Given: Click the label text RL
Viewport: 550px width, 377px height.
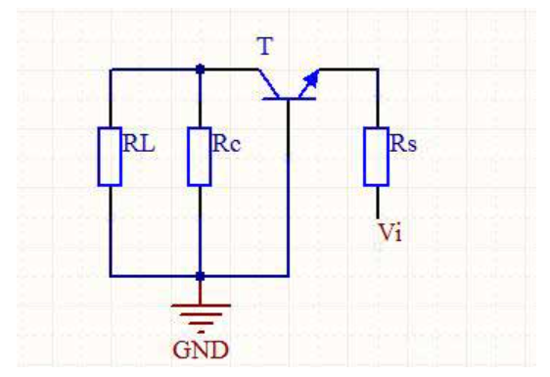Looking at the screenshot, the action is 139,143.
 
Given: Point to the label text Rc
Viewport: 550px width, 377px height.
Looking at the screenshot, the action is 227,143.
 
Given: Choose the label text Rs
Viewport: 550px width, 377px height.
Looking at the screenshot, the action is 403,143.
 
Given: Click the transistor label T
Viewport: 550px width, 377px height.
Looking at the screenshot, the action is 265,46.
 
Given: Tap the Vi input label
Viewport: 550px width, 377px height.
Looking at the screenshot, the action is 390,232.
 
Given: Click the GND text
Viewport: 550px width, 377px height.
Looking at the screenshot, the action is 201,350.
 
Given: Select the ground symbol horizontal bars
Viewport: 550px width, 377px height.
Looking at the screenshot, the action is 201,317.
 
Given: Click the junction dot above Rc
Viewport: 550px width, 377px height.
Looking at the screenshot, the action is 200,70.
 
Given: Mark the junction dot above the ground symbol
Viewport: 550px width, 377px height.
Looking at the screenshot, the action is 200,276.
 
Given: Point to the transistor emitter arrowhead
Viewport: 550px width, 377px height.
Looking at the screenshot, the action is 312,79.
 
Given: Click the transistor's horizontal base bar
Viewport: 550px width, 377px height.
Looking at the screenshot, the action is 289,99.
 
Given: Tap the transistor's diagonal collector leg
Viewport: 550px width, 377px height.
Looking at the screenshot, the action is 269,84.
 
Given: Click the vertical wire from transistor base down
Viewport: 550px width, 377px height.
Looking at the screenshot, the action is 289,187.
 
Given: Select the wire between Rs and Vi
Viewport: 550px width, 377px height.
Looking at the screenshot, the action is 378,203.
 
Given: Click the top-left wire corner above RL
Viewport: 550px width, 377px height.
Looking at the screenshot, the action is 111,70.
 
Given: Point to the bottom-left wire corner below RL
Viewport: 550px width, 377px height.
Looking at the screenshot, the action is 111,276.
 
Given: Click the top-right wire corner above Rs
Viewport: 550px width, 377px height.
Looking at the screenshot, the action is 378,70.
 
